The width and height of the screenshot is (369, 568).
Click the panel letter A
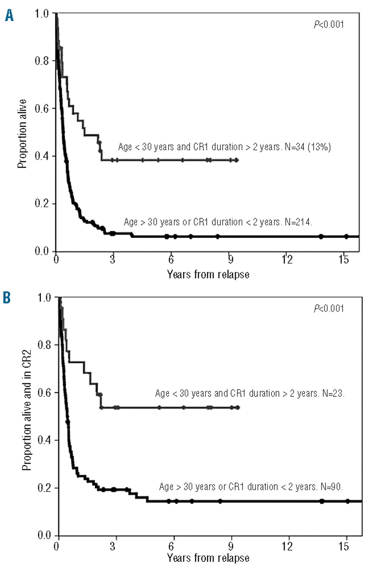[8, 16]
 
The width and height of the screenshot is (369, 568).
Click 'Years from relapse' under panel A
[208, 274]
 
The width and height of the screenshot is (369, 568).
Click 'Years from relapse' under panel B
[208, 557]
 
